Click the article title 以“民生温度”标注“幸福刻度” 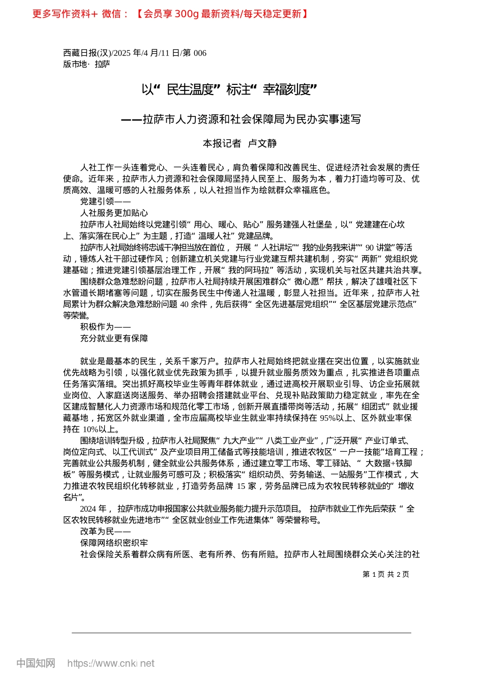[x=229, y=90]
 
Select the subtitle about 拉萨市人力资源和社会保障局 [x=241, y=119]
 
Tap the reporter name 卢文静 [x=262, y=144]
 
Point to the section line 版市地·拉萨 [x=86, y=65]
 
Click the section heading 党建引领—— [x=105, y=202]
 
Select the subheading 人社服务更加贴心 [x=114, y=213]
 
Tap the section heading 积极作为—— [x=105, y=327]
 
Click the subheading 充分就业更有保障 [x=114, y=338]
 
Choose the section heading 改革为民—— [x=105, y=532]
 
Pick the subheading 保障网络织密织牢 [x=114, y=543]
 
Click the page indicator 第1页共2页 [x=386, y=574]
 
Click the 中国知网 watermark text [x=36, y=663]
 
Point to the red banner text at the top [x=170, y=14]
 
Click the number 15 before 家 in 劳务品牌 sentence [x=241, y=486]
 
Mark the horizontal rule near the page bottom [x=242, y=633]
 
